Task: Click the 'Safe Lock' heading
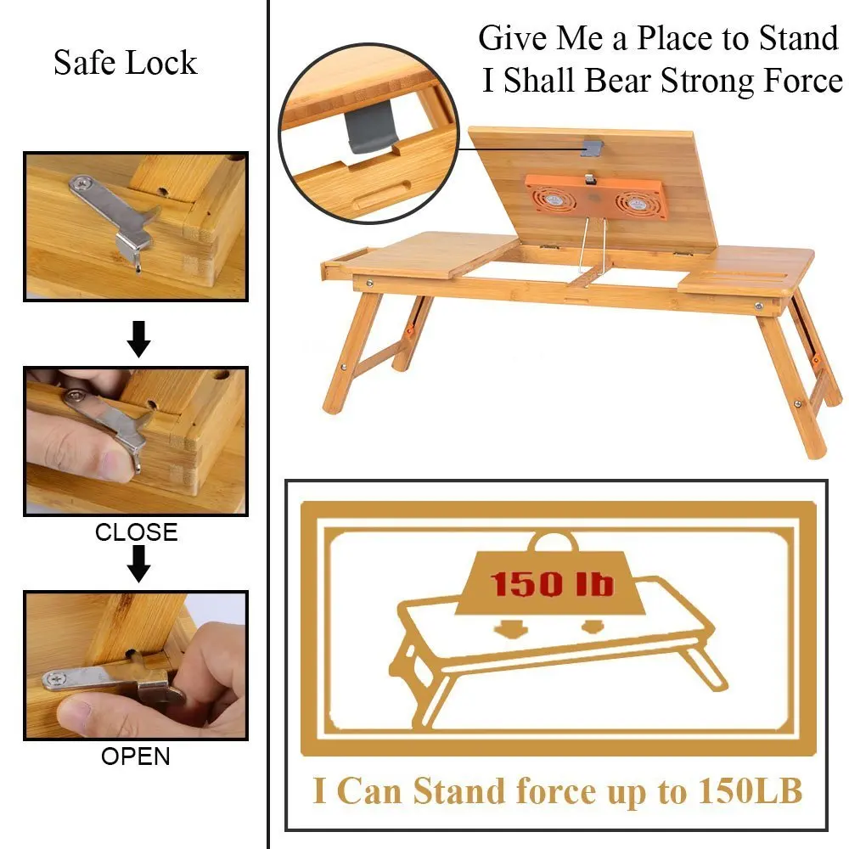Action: (125, 63)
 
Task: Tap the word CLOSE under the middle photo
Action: (136, 532)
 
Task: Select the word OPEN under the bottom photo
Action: (136, 756)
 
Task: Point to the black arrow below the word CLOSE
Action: (138, 564)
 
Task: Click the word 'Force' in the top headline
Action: (801, 81)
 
